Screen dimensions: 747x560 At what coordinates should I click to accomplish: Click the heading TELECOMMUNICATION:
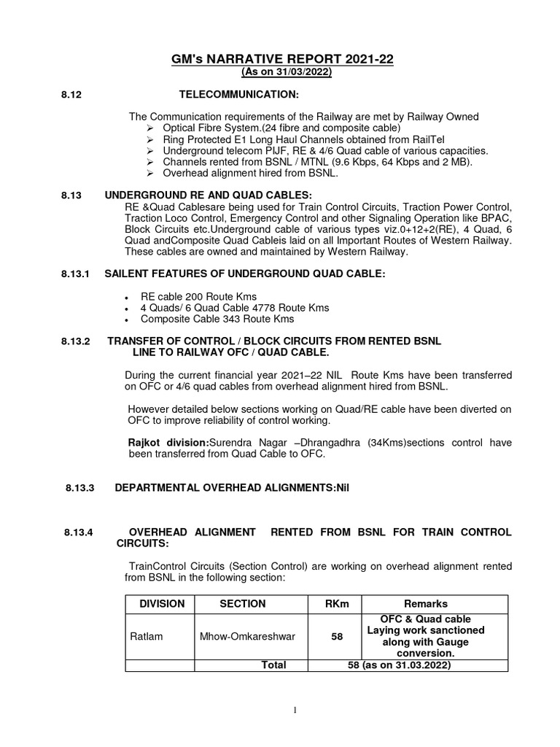[x=239, y=95]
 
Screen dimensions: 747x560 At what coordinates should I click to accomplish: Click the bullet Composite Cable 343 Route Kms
[x=217, y=319]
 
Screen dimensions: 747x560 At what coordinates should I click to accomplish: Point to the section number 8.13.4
[x=79, y=533]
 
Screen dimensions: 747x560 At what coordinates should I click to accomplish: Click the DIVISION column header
[x=162, y=604]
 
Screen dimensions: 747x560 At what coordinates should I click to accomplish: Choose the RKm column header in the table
[x=337, y=604]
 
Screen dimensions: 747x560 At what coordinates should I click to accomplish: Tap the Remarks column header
[x=426, y=604]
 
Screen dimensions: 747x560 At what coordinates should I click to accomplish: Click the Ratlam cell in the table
[x=146, y=636]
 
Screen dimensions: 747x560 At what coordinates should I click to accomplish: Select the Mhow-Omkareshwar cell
[x=247, y=636]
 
